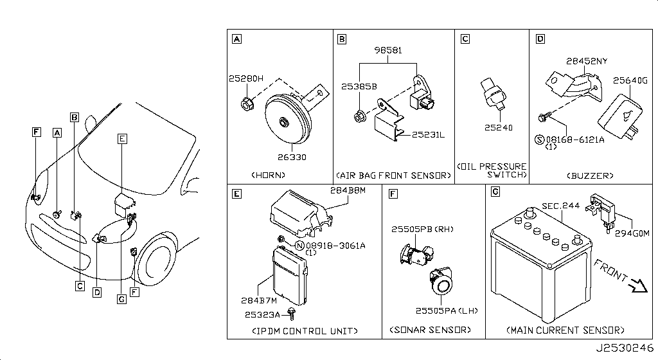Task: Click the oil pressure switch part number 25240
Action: coord(499,128)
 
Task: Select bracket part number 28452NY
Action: coord(587,62)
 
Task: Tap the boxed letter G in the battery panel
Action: coord(494,192)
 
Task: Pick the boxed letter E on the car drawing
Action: coord(123,138)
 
